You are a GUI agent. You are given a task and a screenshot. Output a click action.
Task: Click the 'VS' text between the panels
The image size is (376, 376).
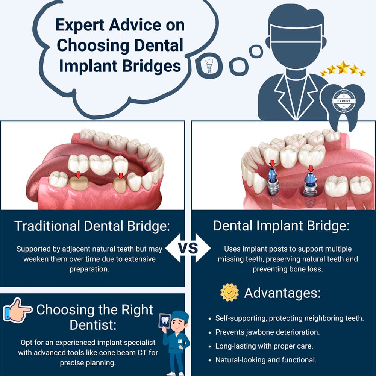tap(188, 249)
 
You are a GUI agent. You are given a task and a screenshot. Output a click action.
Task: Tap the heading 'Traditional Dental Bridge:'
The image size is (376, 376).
tap(92, 226)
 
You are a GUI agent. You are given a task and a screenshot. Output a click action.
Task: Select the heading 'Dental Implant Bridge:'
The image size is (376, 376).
tap(281, 226)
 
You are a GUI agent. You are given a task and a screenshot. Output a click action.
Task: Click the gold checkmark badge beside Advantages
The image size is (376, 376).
tap(229, 293)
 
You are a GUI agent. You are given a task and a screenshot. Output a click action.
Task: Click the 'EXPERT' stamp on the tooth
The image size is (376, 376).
tap(344, 101)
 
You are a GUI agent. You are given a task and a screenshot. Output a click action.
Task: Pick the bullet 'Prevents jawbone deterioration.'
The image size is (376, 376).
tap(268, 332)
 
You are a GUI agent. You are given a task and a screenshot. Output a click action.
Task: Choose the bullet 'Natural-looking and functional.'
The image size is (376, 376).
tap(266, 360)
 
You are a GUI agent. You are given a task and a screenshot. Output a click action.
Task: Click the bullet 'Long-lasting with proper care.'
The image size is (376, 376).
tap(264, 346)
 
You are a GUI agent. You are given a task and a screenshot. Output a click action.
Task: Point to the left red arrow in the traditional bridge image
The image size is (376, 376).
tap(78, 174)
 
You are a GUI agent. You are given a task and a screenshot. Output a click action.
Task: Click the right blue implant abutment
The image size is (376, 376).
tap(311, 177)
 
